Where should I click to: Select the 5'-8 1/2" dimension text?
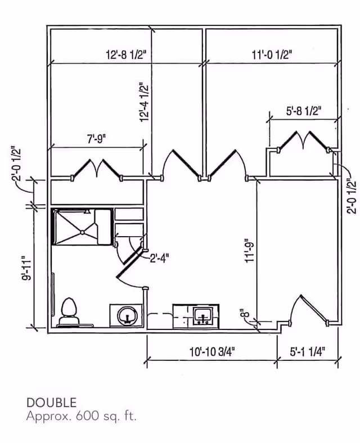point(303,111)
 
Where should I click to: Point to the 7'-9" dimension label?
point(97,139)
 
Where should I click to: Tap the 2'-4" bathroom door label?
point(159,258)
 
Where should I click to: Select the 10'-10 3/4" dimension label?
point(212,352)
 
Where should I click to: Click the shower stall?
point(81,227)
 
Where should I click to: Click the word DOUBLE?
point(51,403)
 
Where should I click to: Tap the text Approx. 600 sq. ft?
point(81,417)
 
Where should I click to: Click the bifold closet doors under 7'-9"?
point(97,169)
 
